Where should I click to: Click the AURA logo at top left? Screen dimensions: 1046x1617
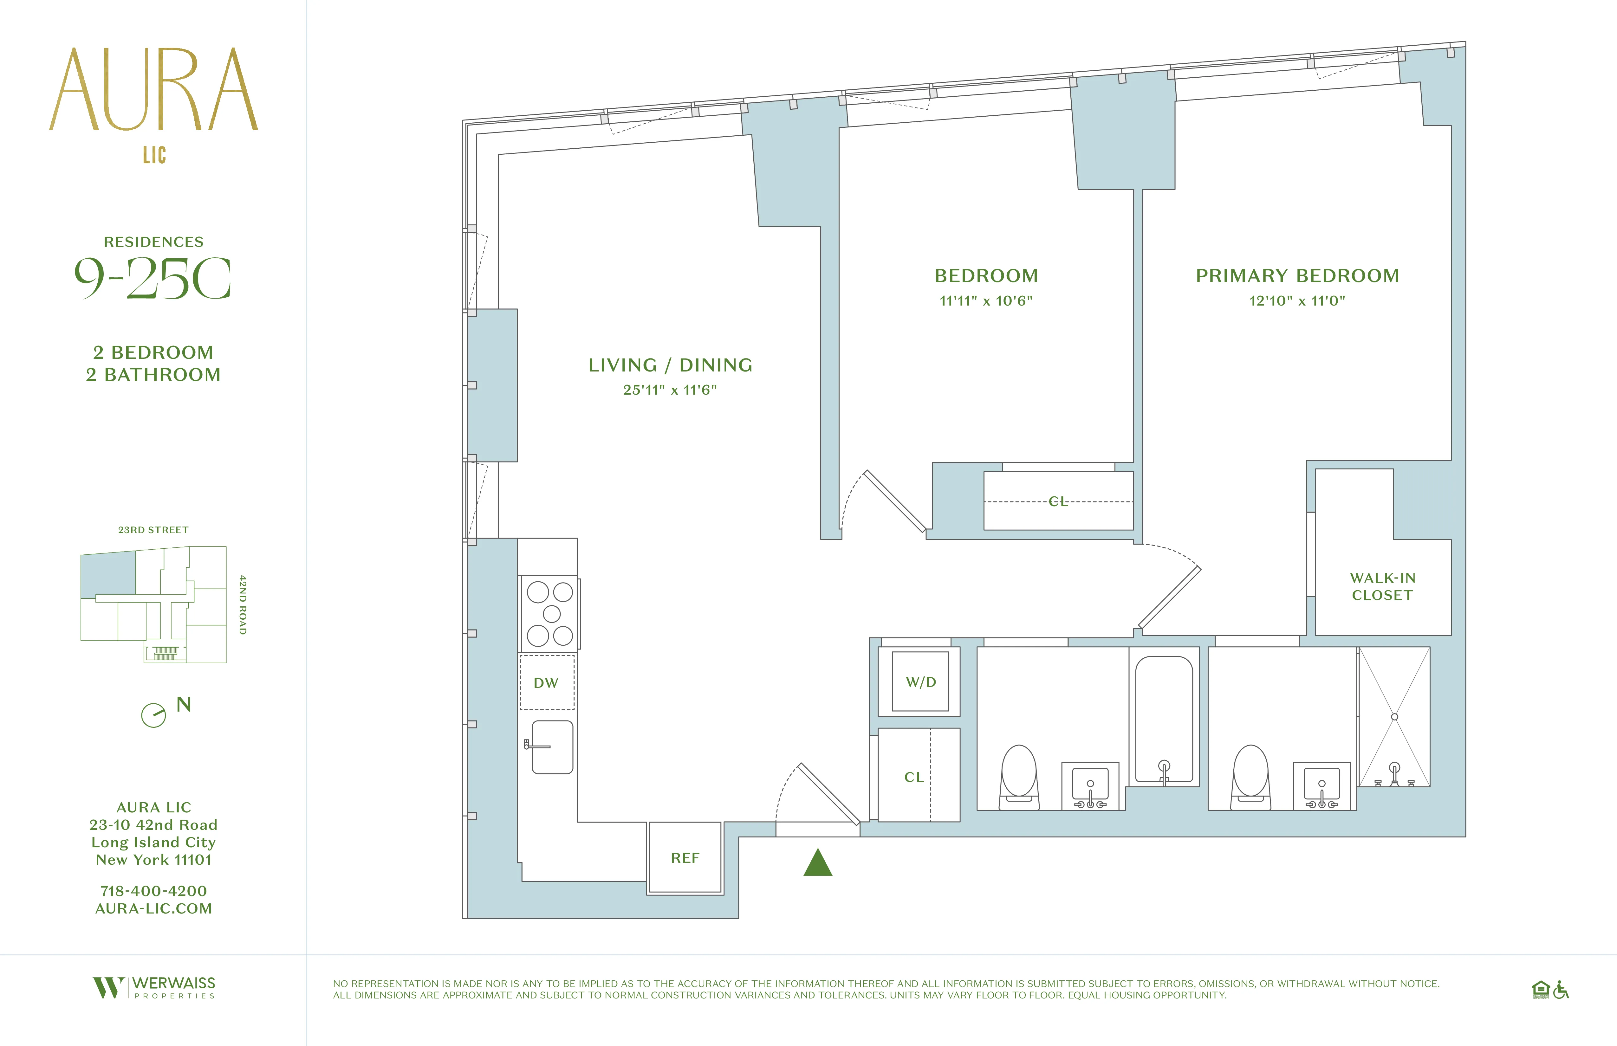(x=153, y=90)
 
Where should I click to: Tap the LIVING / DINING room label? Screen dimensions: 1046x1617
(x=670, y=365)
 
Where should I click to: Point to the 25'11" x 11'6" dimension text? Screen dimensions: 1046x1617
(x=670, y=390)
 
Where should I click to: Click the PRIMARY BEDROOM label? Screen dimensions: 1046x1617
(x=1297, y=276)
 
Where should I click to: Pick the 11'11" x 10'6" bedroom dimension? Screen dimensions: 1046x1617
(x=986, y=301)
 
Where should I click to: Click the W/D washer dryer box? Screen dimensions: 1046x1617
(x=920, y=682)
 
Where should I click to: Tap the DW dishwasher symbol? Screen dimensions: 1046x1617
(x=546, y=683)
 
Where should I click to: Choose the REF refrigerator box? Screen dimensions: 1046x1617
(x=685, y=858)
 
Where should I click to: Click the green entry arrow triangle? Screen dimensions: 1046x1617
(x=818, y=864)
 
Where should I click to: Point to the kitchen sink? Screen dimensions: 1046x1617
(x=552, y=747)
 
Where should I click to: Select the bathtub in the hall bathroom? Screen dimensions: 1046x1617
(x=1164, y=719)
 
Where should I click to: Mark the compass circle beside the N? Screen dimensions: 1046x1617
(x=153, y=715)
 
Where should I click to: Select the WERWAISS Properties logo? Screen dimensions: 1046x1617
(x=154, y=988)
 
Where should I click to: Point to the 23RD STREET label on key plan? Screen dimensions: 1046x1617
(x=153, y=530)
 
